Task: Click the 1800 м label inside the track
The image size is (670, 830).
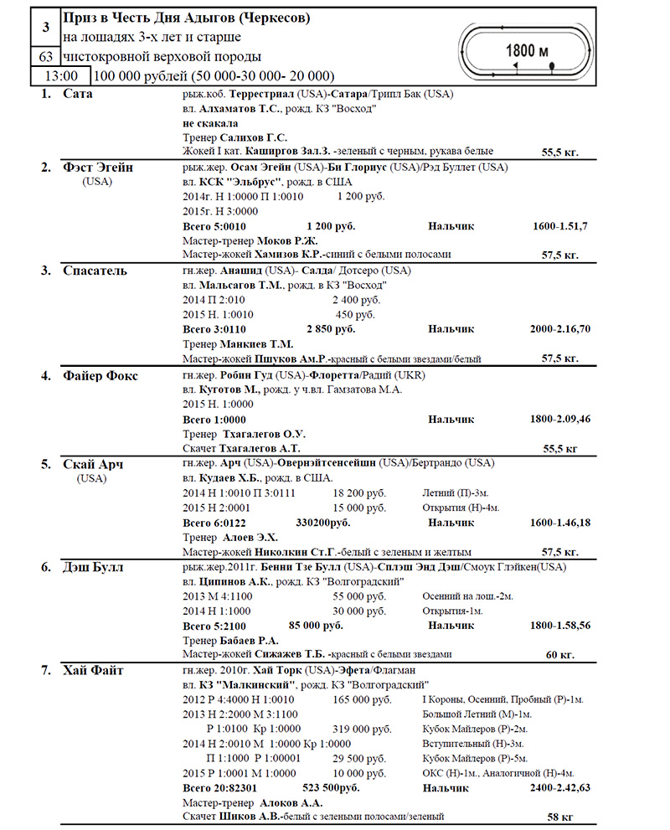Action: [x=527, y=51]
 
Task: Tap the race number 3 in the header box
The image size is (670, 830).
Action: [x=45, y=28]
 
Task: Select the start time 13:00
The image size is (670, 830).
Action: [x=59, y=75]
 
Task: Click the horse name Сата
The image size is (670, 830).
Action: [x=78, y=93]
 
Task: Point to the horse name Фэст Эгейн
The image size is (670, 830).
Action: [x=98, y=168]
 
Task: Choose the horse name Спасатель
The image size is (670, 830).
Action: [x=95, y=271]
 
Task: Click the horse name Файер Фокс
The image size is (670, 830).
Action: [x=100, y=374]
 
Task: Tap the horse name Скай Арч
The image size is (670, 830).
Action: [x=94, y=464]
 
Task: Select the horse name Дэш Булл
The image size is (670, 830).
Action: [x=93, y=567]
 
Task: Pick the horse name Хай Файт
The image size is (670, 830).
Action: [x=94, y=670]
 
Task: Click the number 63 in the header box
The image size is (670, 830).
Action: [x=45, y=57]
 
